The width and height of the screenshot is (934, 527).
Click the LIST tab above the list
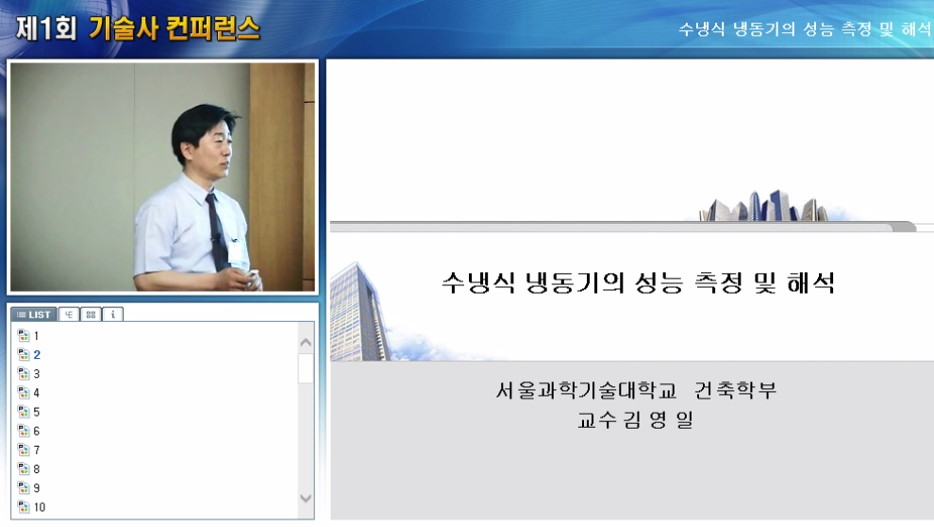coord(34,314)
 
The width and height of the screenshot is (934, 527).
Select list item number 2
coord(36,355)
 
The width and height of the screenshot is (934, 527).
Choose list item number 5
coord(36,412)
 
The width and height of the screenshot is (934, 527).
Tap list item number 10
coord(39,507)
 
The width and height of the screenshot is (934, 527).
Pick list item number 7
coord(36,450)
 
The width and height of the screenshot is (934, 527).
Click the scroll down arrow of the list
coord(306,499)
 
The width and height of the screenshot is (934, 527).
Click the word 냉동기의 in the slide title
coord(565,282)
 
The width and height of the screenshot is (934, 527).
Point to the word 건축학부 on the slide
coord(735,390)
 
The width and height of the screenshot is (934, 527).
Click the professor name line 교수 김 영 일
coord(635,420)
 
